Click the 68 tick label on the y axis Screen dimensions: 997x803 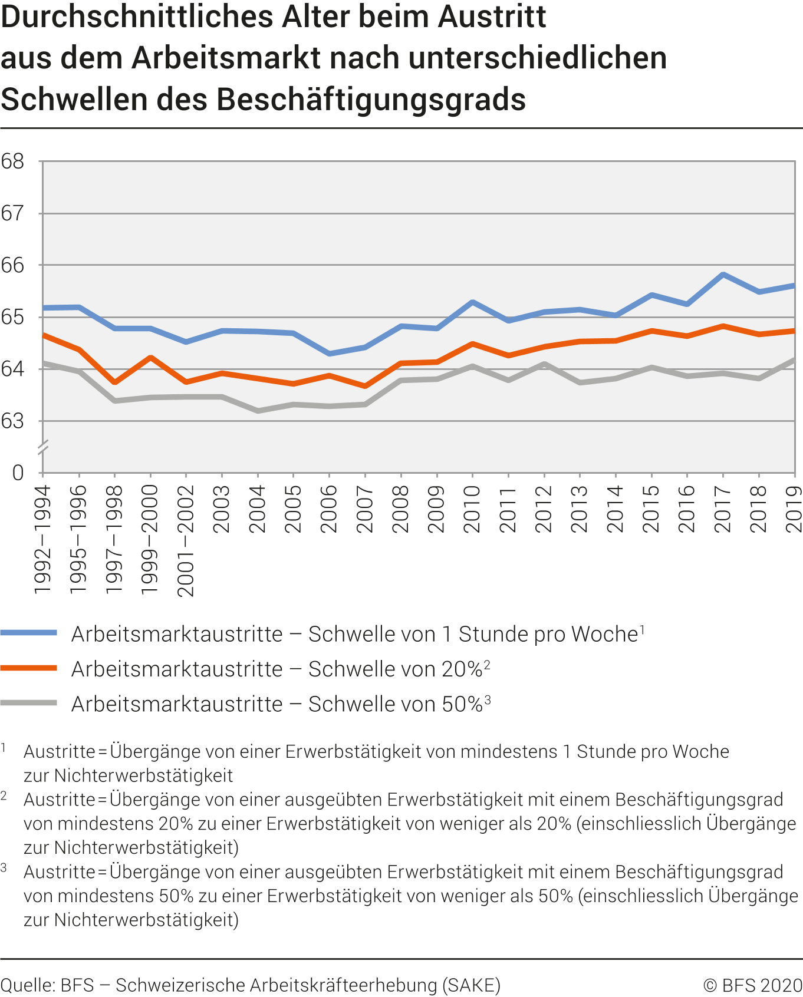point(13,161)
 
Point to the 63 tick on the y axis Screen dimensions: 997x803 point(13,421)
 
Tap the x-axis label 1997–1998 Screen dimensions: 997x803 point(114,539)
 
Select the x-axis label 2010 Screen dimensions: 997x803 point(472,509)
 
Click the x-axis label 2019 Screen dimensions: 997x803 point(794,509)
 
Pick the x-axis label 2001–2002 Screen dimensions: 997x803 point(186,541)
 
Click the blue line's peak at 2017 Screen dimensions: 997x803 point(723,275)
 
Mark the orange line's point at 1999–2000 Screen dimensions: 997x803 point(150,357)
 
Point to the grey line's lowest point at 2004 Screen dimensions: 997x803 point(258,411)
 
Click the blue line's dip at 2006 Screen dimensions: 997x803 point(329,354)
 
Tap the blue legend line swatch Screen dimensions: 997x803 point(29,633)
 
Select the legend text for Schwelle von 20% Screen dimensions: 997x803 point(281,669)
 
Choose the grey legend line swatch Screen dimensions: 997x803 point(29,703)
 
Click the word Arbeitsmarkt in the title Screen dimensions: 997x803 point(227,58)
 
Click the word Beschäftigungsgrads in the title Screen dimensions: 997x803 point(371,99)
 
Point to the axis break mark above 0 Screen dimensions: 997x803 point(42,447)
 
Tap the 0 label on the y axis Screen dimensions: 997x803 point(18,473)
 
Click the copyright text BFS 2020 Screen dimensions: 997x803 point(753,985)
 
